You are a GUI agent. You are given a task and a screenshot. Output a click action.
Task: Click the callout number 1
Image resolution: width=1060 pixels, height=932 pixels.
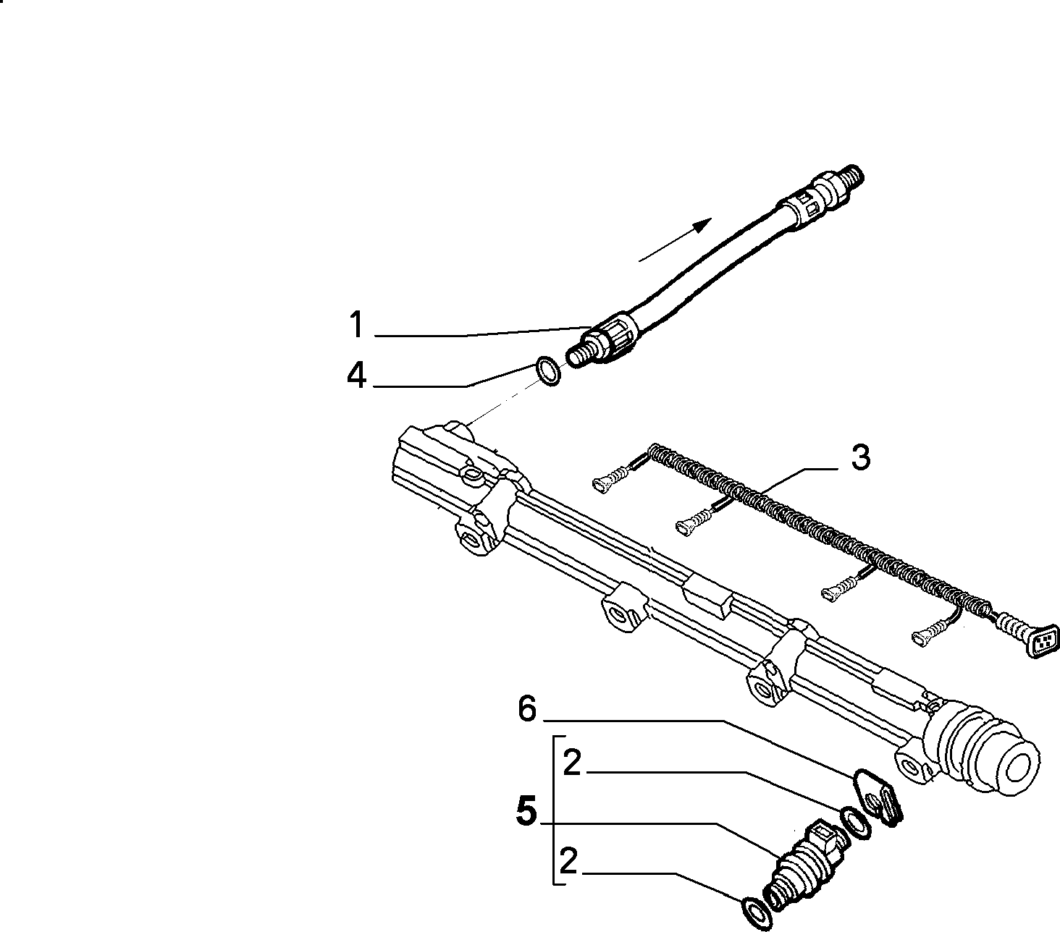point(357,324)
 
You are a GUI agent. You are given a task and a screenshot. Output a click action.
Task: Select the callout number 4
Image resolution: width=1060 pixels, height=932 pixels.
point(357,375)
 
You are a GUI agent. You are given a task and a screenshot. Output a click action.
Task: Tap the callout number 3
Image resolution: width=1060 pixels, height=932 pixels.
point(860,457)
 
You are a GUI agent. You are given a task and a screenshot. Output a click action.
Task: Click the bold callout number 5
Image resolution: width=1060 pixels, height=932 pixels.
point(527,810)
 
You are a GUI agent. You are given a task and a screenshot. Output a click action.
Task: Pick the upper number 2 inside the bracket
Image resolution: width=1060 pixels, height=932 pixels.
point(572,763)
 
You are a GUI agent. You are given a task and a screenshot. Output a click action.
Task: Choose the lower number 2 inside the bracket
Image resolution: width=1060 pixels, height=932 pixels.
point(568,860)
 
